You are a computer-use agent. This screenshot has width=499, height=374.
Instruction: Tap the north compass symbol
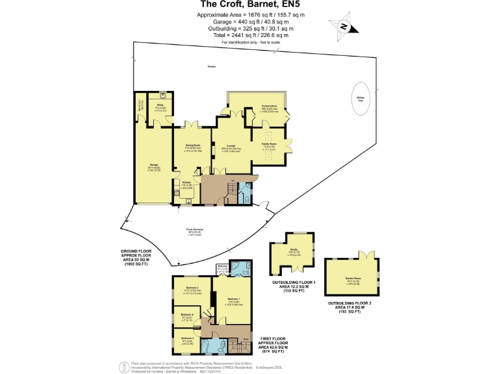tap(345, 27)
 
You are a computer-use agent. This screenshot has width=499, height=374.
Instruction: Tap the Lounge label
tap(231, 146)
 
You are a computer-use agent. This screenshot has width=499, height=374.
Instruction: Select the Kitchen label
tap(186, 183)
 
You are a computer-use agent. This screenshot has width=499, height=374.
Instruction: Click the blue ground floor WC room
tap(244, 193)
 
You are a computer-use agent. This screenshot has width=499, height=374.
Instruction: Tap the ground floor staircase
tap(232, 190)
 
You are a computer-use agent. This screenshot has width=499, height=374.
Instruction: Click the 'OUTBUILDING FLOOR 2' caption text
tap(351, 303)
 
